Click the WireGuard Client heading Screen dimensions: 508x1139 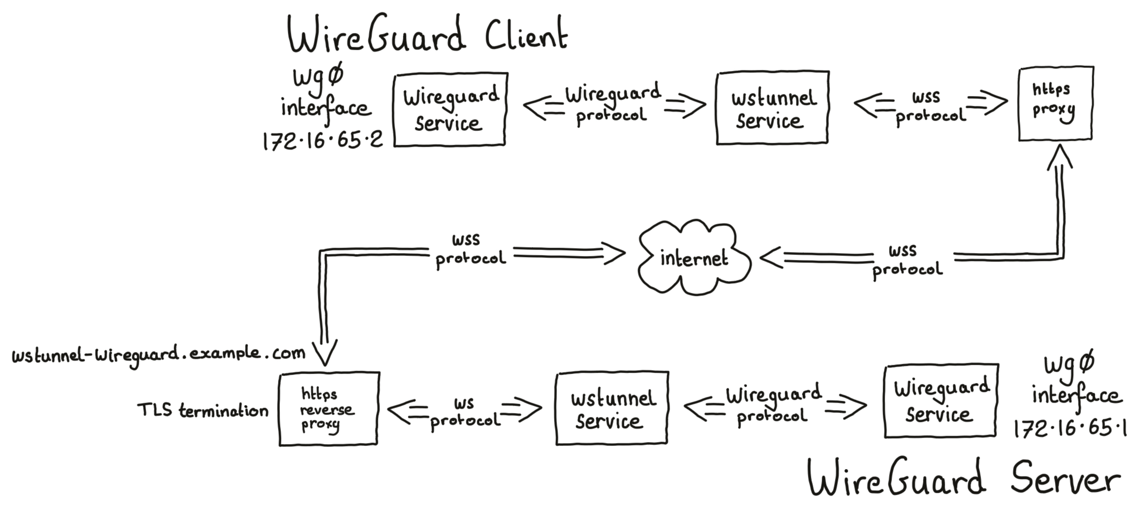tap(427, 35)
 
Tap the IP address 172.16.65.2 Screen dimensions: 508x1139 tap(322, 141)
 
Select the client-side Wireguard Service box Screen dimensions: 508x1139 tap(450, 110)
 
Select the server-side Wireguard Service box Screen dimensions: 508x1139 tap(940, 401)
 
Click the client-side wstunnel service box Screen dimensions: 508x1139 tap(772, 108)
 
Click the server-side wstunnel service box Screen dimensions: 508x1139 tap(612, 409)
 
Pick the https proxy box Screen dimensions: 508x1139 tap(1055, 104)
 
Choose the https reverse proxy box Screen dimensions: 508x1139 tap(328, 409)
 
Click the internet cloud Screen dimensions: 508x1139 tap(694, 258)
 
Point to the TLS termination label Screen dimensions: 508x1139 tap(203, 410)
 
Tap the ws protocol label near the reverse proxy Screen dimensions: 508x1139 tap(464, 413)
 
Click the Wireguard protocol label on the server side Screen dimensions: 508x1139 tap(773, 405)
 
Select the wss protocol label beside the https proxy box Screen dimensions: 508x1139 tap(930, 106)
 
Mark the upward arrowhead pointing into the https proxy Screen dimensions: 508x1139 tap(1059, 157)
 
